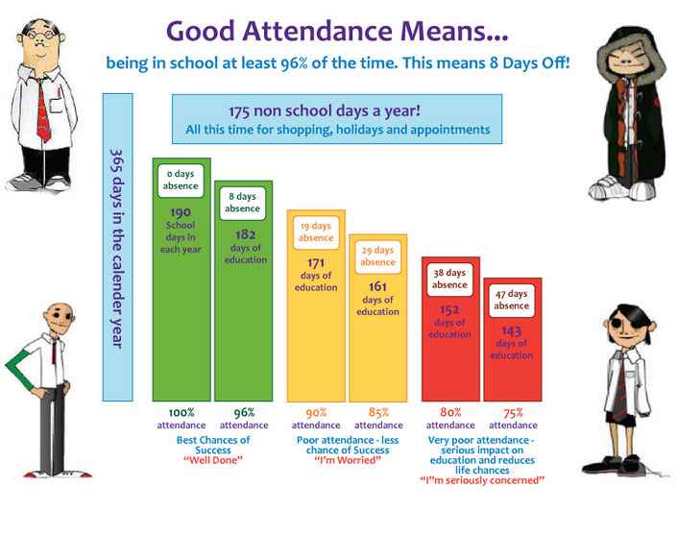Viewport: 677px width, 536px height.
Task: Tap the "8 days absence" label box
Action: pyautogui.click(x=242, y=202)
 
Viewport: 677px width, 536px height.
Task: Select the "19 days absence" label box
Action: pyautogui.click(x=316, y=232)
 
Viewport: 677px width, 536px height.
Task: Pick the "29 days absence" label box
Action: pyautogui.click(x=377, y=256)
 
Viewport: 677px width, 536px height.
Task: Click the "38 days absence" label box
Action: pyautogui.click(x=449, y=279)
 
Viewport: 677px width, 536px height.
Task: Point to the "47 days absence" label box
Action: pyautogui.click(x=512, y=300)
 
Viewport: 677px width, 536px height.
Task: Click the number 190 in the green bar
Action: pyautogui.click(x=181, y=212)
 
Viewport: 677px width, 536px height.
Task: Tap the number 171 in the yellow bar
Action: pyautogui.click(x=316, y=262)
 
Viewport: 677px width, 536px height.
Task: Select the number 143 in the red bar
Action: pyautogui.click(x=512, y=330)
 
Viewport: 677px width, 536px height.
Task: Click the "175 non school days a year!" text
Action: pyautogui.click(x=336, y=110)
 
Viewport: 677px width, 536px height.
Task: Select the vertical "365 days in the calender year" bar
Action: pyautogui.click(x=117, y=247)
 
